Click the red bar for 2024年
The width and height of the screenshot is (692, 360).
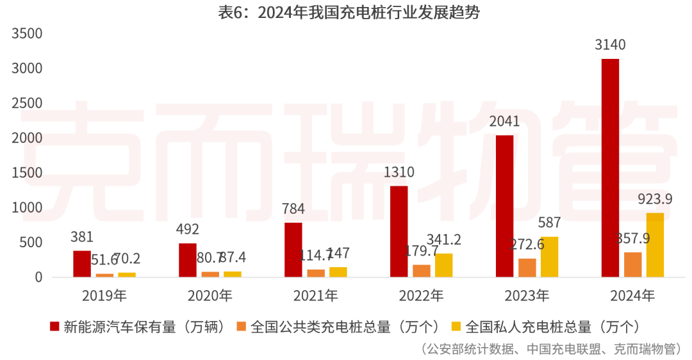(x=610, y=168)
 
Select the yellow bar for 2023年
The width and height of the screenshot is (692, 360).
(x=549, y=257)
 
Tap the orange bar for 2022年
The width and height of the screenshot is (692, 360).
(x=422, y=271)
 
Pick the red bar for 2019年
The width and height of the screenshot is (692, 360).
(x=82, y=264)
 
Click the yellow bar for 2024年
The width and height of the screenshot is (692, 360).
(x=655, y=245)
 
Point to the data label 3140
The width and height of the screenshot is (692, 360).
(x=610, y=45)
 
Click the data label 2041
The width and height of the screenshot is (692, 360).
(x=504, y=122)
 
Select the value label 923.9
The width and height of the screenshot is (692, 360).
(x=655, y=200)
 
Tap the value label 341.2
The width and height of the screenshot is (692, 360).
(x=443, y=240)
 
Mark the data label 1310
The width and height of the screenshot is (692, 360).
(x=399, y=172)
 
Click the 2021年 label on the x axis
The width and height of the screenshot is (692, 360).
(x=315, y=296)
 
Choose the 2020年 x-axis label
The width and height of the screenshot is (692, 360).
(x=210, y=296)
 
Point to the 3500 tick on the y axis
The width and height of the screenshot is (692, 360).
(x=28, y=33)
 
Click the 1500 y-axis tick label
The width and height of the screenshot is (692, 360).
(x=28, y=173)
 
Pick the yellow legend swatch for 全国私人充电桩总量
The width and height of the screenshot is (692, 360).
(x=457, y=327)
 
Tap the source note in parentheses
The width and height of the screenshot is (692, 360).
(x=551, y=349)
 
